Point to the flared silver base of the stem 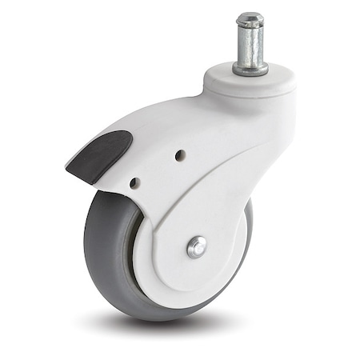pos(250,69)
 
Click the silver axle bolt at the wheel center pos(197,247)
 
